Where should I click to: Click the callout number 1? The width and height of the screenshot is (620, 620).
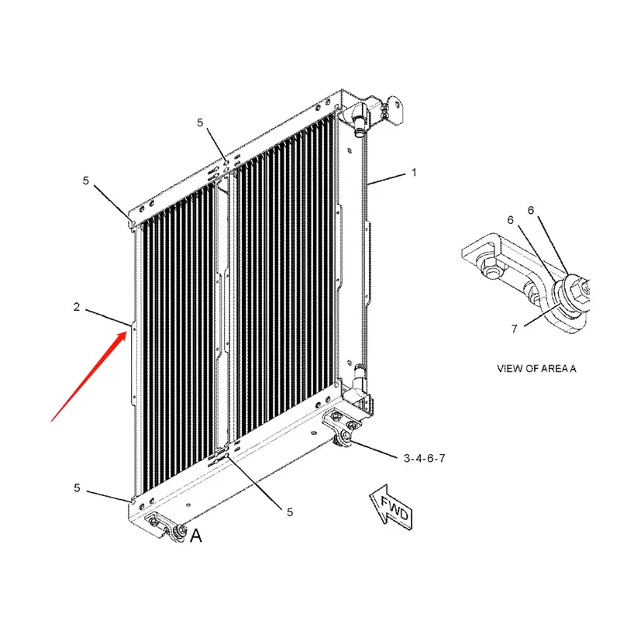tap(413, 173)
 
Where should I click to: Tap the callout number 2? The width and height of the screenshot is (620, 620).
tap(77, 308)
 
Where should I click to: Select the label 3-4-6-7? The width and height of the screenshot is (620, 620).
tap(424, 458)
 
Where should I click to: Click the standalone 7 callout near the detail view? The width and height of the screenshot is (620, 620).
tap(513, 328)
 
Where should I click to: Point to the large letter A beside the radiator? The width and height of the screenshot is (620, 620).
tap(195, 535)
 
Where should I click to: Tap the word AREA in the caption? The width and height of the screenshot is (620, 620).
tap(554, 369)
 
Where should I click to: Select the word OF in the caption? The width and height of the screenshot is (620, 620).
tap(532, 369)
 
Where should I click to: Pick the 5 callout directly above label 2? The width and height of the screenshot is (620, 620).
tap(86, 181)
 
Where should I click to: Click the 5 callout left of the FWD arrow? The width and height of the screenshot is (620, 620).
tap(290, 512)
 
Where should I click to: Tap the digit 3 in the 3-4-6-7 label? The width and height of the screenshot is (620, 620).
tap(406, 458)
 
